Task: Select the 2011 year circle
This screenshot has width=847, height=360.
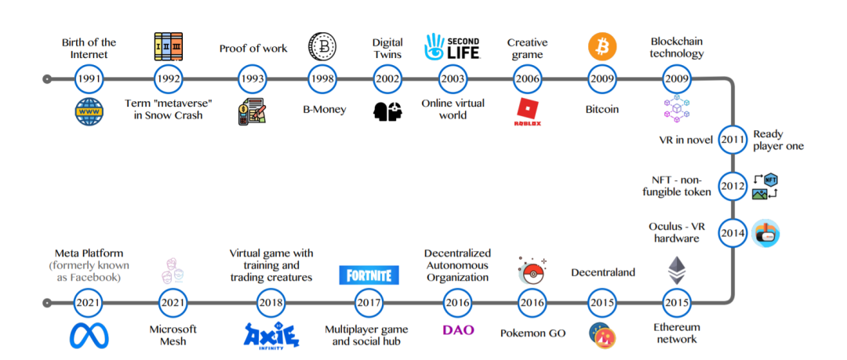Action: point(732,140)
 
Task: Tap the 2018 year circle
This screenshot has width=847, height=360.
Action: point(271,302)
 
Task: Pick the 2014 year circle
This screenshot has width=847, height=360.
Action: point(732,234)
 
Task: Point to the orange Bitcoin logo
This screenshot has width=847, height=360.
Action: point(602,47)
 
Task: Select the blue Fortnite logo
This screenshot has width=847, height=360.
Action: point(369,275)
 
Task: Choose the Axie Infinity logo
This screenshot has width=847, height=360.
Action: point(271,336)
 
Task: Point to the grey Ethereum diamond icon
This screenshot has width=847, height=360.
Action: point(675,271)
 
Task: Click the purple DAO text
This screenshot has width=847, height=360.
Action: point(458,330)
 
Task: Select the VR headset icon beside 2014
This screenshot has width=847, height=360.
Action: point(765,233)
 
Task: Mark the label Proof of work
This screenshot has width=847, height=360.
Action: point(253,49)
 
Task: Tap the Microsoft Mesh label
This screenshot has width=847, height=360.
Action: point(173,336)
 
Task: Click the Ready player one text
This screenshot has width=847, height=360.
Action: point(778,140)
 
